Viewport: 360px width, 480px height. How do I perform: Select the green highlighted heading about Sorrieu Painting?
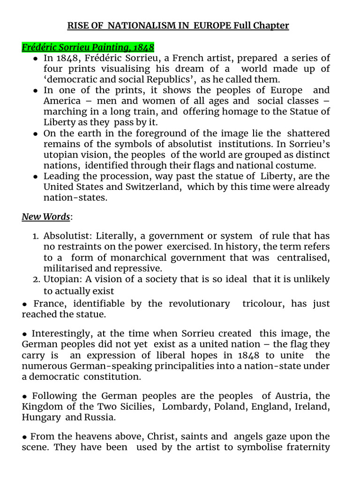point(88,47)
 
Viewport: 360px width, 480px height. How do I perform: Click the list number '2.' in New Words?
point(37,279)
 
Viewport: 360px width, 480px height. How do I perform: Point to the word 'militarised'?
point(68,268)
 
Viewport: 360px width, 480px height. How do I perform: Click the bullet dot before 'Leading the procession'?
point(36,177)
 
